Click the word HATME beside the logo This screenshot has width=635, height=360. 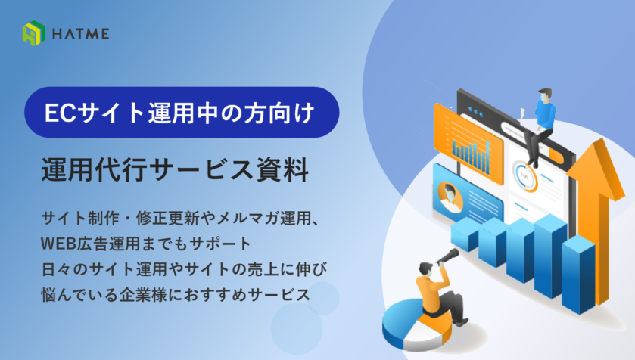click(80, 34)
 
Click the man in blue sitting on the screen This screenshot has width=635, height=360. click(543, 121)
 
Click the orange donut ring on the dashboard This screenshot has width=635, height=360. click(524, 176)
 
